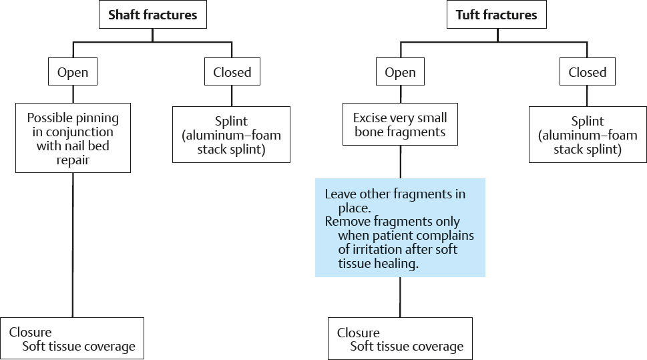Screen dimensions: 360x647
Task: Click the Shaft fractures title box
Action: point(152,15)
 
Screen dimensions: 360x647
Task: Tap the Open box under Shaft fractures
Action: point(73,72)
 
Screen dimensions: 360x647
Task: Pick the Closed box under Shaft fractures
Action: point(232,72)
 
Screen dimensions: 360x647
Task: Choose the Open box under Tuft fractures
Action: point(400,72)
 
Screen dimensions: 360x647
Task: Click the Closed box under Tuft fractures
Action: point(588,72)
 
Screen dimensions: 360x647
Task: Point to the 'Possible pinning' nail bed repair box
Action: point(73,138)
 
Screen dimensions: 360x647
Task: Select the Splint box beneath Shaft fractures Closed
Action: point(231,134)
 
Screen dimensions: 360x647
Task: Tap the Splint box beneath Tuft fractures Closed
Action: point(588,134)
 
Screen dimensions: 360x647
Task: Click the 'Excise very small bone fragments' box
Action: point(400,125)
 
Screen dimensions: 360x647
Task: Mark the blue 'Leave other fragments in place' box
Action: point(400,227)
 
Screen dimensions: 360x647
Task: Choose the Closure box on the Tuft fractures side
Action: point(400,339)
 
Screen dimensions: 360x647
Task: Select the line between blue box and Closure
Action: point(400,297)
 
